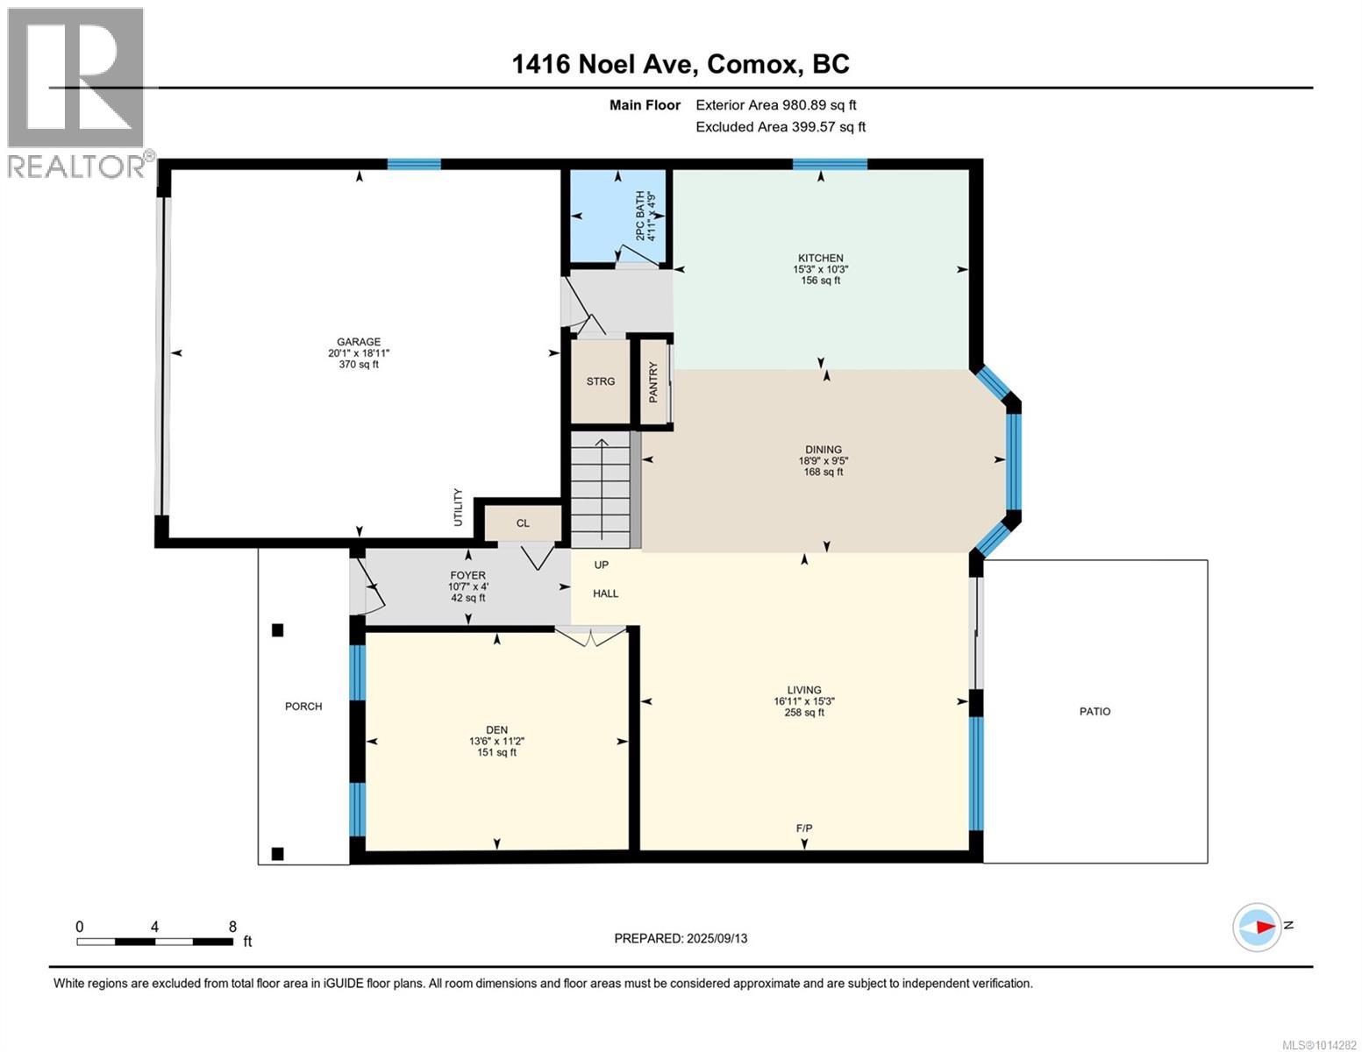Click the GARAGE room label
coord(359,342)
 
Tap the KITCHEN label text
coord(820,258)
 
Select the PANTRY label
coord(653,382)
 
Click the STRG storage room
coord(600,381)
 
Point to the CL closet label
coord(523,523)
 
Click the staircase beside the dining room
coord(601,489)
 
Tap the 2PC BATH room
coord(617,216)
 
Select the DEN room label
coord(496,729)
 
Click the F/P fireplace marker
coord(804,828)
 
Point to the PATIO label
coord(1095,711)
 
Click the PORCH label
coord(303,706)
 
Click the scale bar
coord(155,941)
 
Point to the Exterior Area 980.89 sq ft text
coord(776,105)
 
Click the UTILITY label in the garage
coord(458,508)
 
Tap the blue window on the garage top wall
coord(414,164)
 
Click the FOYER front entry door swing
coord(369,586)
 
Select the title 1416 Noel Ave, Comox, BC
coord(681,64)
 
